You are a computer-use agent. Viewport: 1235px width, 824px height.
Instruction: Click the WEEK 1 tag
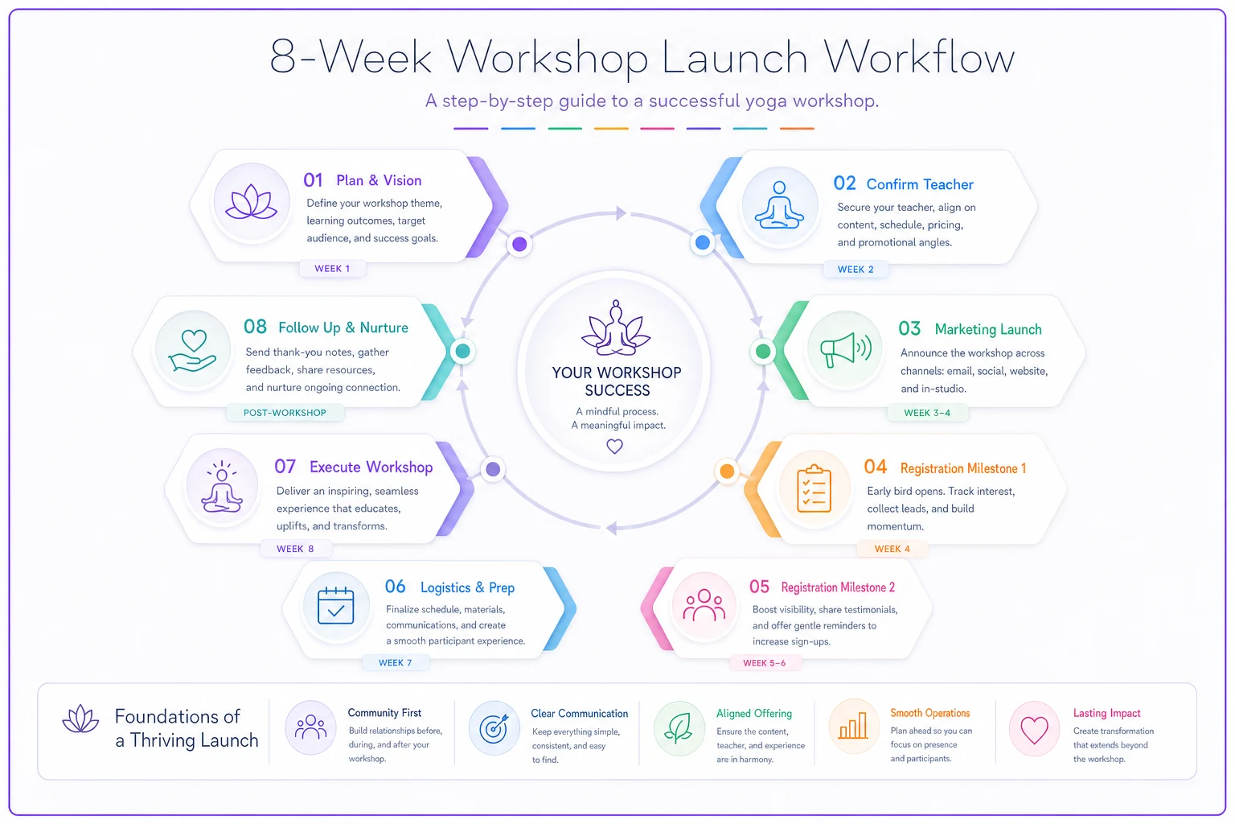[332, 269]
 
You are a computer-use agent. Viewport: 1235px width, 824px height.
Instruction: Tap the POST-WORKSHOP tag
[285, 413]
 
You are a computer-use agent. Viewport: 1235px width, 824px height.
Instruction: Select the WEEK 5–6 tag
[764, 663]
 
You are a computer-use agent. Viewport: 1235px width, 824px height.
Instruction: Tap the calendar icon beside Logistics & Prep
[336, 605]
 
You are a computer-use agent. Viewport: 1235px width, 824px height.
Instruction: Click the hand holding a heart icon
[192, 351]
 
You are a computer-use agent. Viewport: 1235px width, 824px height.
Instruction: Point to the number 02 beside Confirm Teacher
[844, 183]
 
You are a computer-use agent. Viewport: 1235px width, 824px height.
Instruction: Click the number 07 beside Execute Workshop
[285, 467]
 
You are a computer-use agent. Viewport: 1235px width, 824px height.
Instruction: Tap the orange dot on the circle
[727, 472]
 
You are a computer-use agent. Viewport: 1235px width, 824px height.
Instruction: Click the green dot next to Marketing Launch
[763, 351]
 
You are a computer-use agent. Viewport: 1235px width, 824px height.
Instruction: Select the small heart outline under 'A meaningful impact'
[615, 446]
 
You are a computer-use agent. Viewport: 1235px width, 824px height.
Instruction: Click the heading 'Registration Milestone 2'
[838, 587]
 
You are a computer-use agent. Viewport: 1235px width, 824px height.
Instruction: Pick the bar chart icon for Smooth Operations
[853, 725]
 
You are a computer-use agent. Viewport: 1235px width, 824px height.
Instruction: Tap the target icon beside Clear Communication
[494, 728]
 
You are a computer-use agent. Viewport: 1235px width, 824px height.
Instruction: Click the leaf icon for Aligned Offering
[679, 728]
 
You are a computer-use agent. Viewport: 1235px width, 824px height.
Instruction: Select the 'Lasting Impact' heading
[1106, 713]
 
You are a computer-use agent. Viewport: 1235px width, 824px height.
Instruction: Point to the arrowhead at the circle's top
[622, 213]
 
